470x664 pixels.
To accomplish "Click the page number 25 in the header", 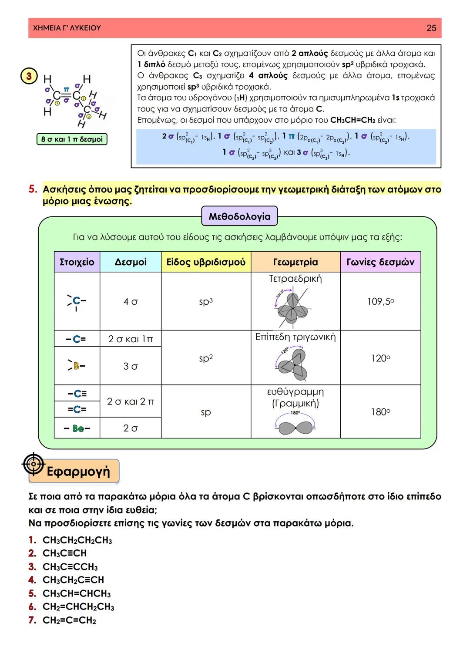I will click(x=431, y=28).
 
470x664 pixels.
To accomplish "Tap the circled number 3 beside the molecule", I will click(x=29, y=77).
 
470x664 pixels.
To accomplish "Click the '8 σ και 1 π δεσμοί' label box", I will click(x=72, y=139).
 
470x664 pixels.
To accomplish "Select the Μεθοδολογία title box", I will click(x=239, y=216).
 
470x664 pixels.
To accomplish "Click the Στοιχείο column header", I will click(x=77, y=262).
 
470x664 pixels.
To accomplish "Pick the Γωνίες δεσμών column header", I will click(x=380, y=262).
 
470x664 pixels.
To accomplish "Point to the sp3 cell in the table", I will click(x=206, y=301).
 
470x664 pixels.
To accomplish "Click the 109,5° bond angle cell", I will click(x=380, y=301).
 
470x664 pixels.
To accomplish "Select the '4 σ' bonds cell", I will click(x=131, y=301).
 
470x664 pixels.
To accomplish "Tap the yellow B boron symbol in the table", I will click(x=77, y=366).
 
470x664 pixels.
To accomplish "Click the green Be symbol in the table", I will click(x=78, y=428).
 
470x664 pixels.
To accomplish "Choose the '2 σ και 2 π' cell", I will click(x=131, y=401).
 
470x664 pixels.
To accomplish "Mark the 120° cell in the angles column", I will click(x=380, y=358).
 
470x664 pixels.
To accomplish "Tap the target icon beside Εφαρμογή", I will click(x=34, y=464).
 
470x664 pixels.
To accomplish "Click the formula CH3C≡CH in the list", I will click(x=64, y=553).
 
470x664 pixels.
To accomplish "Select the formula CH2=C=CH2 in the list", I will click(x=69, y=620).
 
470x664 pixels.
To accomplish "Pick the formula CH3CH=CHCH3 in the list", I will click(x=77, y=593).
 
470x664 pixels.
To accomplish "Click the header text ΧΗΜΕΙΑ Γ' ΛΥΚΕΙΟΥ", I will click(x=67, y=28).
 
